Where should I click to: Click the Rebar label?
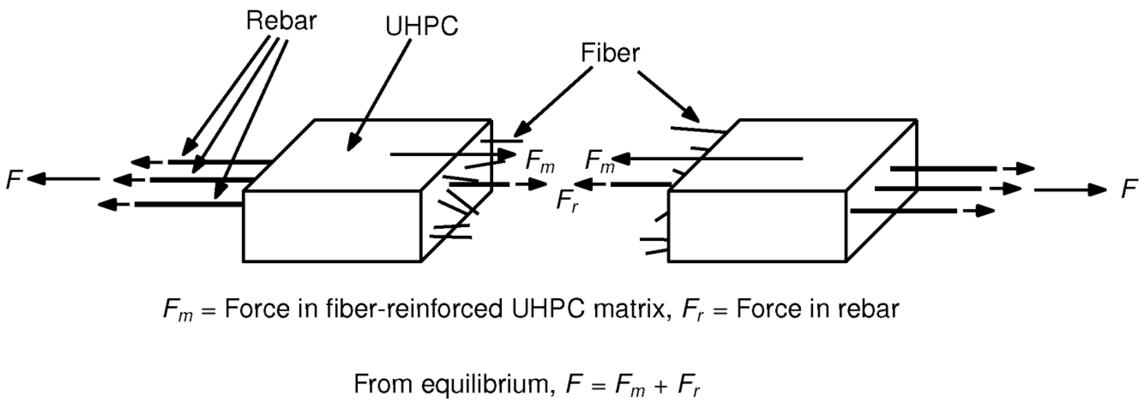[281, 21]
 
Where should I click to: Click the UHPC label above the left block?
[421, 27]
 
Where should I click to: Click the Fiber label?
[610, 53]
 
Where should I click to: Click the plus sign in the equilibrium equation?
[660, 385]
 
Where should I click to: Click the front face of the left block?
[332, 226]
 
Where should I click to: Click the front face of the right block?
[757, 226]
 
